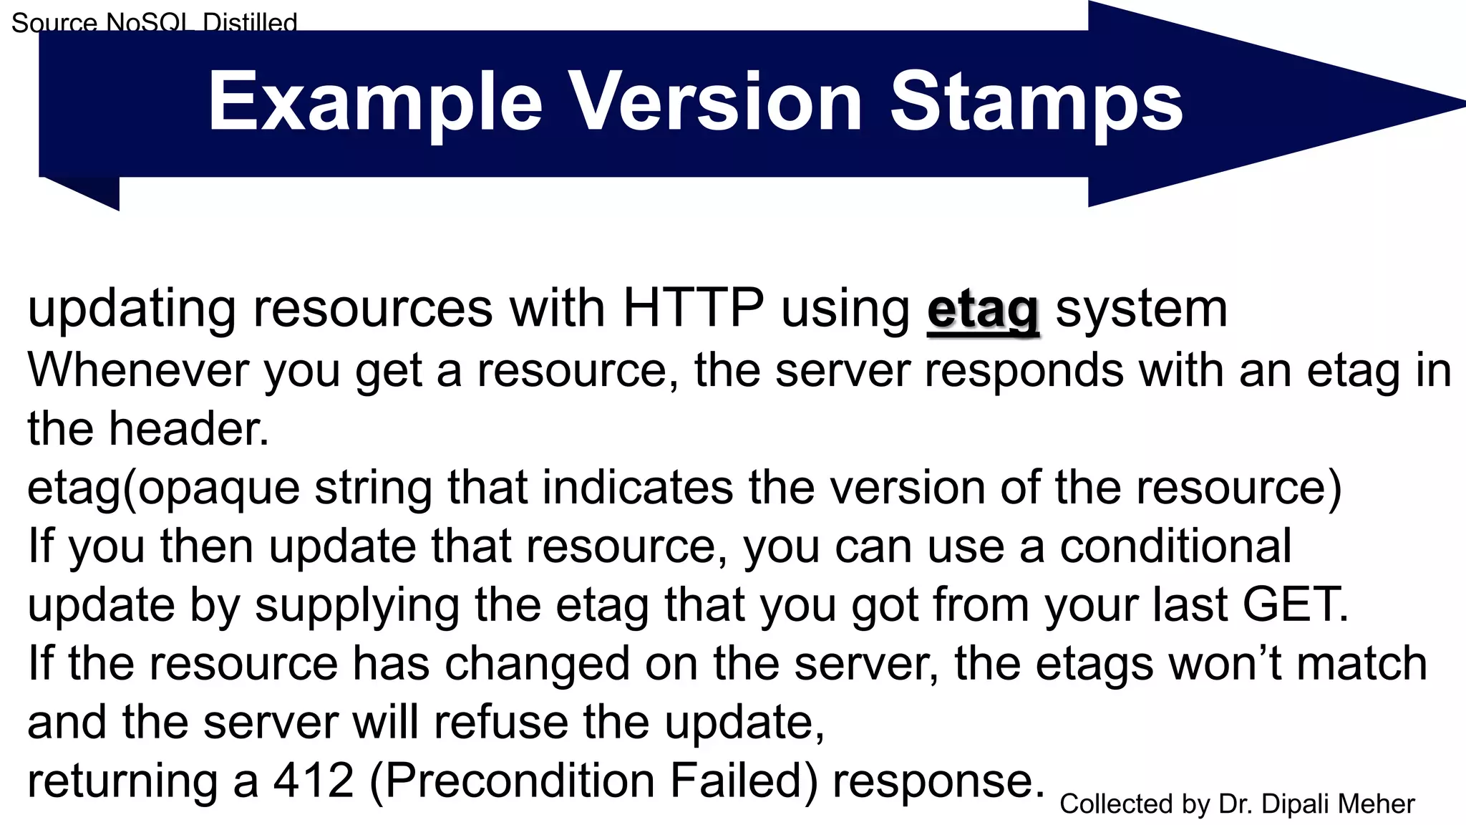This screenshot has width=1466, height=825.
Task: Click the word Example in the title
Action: pyautogui.click(x=375, y=102)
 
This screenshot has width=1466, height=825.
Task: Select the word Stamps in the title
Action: pyautogui.click(x=1036, y=102)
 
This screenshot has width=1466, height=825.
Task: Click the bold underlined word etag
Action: pyautogui.click(x=983, y=310)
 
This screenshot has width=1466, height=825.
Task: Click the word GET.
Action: pyautogui.click(x=1294, y=604)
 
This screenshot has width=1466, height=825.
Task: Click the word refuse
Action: pyautogui.click(x=500, y=722)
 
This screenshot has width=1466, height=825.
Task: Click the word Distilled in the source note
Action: pyautogui.click(x=250, y=23)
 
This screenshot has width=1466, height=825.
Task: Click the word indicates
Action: pyautogui.click(x=637, y=488)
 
